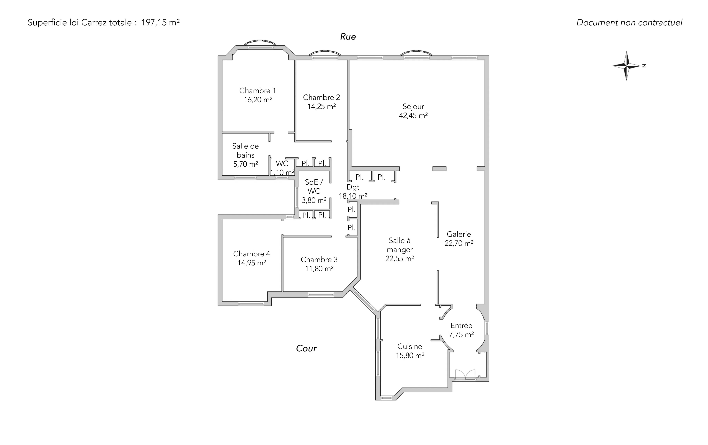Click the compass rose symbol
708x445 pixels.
pos(627,66)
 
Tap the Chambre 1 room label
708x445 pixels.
pos(258,91)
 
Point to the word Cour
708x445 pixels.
pos(306,348)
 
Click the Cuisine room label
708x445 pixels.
pos(409,346)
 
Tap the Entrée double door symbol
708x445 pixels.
pos(465,375)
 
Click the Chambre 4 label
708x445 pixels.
pos(252,254)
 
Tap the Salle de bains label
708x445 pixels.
pos(245,150)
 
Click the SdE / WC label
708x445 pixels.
pos(314,187)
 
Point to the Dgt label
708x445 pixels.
pos(353,187)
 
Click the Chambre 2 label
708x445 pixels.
pos(321,97)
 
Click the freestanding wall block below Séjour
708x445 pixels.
pos(439,169)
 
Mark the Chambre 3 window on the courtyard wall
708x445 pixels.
pos(321,294)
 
